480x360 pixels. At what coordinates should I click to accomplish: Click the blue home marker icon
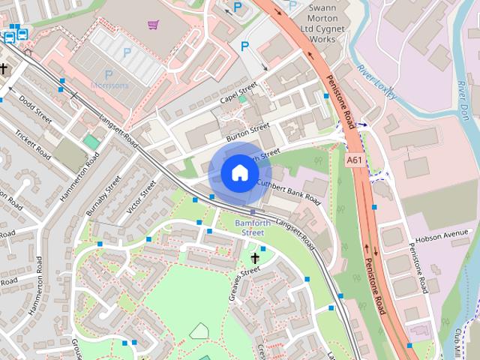239,172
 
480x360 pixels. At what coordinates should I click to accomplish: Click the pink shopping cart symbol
154,25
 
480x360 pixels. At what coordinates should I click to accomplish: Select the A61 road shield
355,160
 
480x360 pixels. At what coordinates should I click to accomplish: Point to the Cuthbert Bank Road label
288,191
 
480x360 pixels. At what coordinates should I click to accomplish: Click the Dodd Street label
34,109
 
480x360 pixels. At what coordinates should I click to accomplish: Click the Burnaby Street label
103,196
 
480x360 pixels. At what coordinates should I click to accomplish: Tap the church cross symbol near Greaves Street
255,259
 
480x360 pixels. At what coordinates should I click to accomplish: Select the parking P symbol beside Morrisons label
108,74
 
